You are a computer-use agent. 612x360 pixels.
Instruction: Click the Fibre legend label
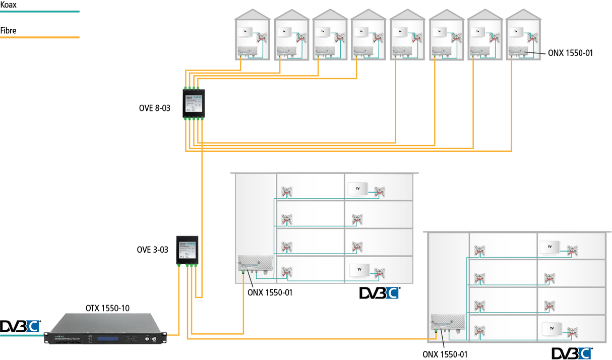8,31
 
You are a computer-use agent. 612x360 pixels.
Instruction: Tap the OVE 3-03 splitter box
187,250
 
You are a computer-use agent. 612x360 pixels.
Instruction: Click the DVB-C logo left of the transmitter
20,326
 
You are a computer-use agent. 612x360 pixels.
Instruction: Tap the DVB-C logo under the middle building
380,293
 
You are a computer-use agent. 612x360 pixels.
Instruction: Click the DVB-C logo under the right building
572,353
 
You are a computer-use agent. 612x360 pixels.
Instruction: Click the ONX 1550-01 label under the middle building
270,291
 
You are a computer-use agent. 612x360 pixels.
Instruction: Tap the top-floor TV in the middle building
358,189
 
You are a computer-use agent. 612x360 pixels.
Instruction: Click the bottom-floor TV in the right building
551,329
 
